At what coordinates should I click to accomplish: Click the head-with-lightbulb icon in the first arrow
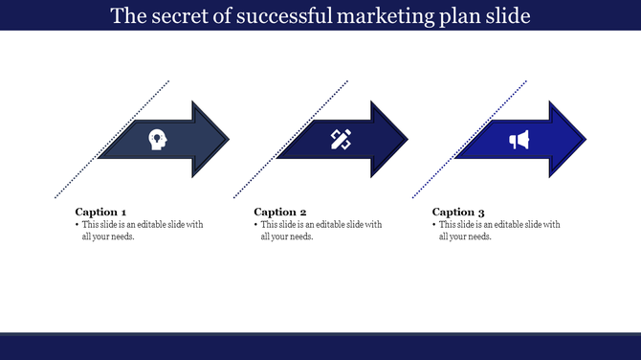click(x=155, y=140)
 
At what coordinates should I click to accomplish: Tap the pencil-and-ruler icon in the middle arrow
click(x=340, y=140)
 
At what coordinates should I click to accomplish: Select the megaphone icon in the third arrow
click(x=519, y=141)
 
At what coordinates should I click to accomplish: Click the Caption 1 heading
click(x=100, y=212)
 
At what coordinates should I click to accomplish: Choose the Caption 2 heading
click(x=279, y=212)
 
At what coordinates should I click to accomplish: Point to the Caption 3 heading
click(x=458, y=212)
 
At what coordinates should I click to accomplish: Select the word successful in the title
click(x=290, y=16)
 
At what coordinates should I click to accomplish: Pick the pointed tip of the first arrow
click(x=230, y=140)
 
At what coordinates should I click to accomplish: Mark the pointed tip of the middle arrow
click(x=408, y=140)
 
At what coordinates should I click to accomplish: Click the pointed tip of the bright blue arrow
click(x=586, y=140)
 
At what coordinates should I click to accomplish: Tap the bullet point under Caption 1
click(x=77, y=225)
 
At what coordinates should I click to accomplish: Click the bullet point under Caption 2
click(x=255, y=225)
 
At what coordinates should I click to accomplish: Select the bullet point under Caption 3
click(x=433, y=225)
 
